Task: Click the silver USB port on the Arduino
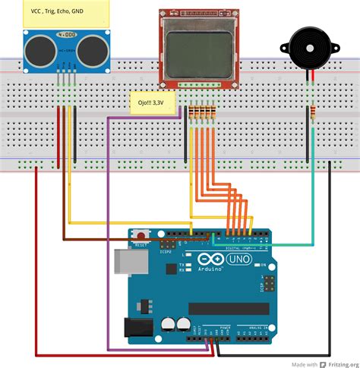click(x=124, y=263)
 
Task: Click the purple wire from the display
click(x=109, y=228)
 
